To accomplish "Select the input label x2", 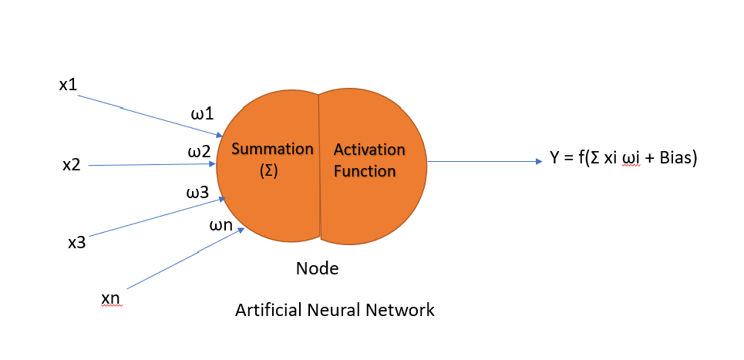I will pyautogui.click(x=72, y=164).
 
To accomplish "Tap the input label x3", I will pyautogui.click(x=76, y=243).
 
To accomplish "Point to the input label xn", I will pyautogui.click(x=110, y=298).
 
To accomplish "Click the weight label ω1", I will pyautogui.click(x=202, y=115).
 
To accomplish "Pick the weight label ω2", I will pyautogui.click(x=199, y=152).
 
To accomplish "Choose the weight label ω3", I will pyautogui.click(x=197, y=192).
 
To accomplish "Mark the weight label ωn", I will pyautogui.click(x=221, y=226).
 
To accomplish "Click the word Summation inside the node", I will pyautogui.click(x=273, y=148).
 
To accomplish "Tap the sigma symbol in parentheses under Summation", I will pyautogui.click(x=268, y=172).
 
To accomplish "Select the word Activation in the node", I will pyautogui.click(x=369, y=149).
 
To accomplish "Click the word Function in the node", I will pyautogui.click(x=365, y=171).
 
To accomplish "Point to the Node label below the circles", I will pyautogui.click(x=317, y=269).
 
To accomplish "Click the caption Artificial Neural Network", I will pyautogui.click(x=335, y=311).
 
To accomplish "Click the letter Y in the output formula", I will pyautogui.click(x=554, y=160).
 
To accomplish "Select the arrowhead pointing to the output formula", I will pyautogui.click(x=539, y=161).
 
